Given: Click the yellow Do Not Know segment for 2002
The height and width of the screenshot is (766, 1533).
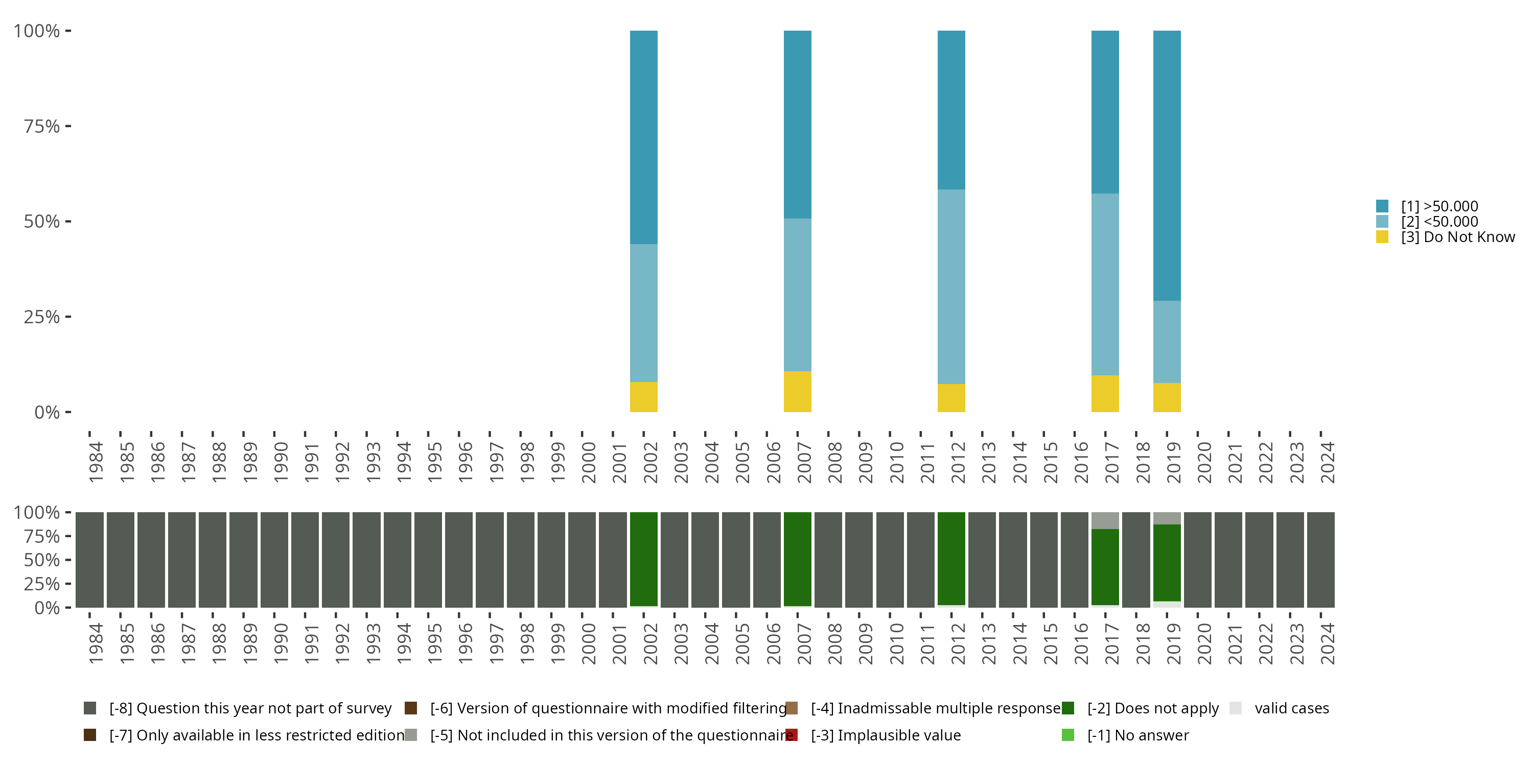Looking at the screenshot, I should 643,397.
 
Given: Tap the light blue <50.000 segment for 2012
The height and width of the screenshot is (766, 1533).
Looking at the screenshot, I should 951,286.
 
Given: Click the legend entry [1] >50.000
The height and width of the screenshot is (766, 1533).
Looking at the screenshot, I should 1439,206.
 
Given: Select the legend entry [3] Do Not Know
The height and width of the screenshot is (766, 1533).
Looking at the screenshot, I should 1457,237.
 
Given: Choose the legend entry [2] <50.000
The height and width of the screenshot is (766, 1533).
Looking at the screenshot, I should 1439,222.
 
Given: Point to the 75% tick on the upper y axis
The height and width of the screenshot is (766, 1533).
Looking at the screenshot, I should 68,126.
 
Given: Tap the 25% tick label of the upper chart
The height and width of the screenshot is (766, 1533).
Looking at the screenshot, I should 42,317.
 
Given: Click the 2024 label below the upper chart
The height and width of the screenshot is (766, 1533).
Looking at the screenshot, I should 1327,462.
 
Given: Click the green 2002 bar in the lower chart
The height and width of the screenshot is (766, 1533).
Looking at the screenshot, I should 643,559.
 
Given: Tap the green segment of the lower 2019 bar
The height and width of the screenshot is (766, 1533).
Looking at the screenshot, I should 1167,562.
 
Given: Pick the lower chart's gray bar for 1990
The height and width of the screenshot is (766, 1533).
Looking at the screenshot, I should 274,559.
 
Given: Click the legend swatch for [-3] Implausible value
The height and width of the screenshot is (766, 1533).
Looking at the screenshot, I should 792,735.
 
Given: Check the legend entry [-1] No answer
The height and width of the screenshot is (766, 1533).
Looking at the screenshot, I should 1137,735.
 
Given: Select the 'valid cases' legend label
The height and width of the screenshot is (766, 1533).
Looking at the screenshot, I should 1291,708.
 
